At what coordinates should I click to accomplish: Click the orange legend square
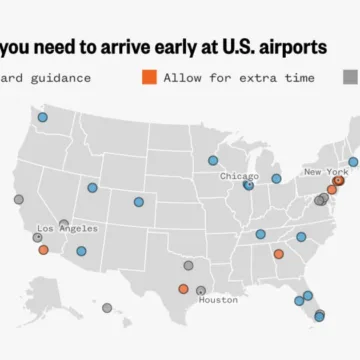coord(149,77)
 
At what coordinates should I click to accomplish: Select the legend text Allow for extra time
coord(239,77)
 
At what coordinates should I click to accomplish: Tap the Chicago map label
coord(239,176)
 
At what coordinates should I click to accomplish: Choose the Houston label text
coord(217,299)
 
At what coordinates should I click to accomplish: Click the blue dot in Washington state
coord(42,118)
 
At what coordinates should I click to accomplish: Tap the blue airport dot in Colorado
coord(139,202)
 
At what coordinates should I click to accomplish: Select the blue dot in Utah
coord(92,187)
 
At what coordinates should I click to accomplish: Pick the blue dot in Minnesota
coord(212,160)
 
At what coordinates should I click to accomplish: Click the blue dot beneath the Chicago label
coord(248,185)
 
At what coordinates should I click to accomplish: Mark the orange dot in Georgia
coord(278,254)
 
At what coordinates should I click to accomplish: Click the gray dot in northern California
coord(18,199)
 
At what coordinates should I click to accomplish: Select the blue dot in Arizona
coord(81,251)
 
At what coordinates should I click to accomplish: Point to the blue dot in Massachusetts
coord(352,161)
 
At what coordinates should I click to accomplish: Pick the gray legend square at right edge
coord(351,77)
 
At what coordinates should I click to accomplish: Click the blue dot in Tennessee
coord(260,234)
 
